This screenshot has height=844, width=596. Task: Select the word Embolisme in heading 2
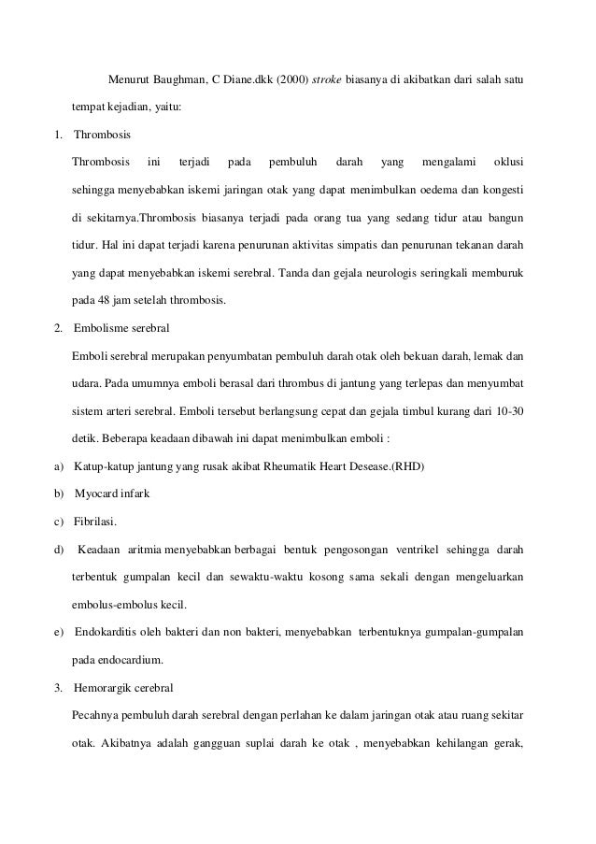99,329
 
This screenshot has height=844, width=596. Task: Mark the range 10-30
506,411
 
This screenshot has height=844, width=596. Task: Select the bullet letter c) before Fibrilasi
60,521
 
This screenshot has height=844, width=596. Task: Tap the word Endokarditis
105,632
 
